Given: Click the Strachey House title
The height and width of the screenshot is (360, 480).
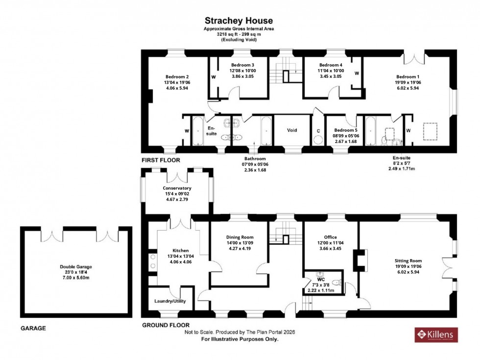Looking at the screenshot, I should point(239,21).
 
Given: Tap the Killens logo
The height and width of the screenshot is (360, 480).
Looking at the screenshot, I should point(436,335).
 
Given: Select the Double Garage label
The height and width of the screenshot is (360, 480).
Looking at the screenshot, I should point(76,267).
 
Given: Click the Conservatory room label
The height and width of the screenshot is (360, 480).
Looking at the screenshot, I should point(177,188).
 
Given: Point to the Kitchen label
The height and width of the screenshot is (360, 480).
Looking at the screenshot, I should point(177,250).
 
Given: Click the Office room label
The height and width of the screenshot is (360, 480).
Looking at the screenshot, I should point(331,238).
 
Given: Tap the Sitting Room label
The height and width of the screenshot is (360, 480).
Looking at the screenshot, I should point(408,261).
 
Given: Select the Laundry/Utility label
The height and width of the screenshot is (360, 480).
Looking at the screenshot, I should point(170,301).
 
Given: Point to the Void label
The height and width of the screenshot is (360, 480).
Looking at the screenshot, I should point(292,130).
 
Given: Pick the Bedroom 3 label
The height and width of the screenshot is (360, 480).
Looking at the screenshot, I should point(243,65).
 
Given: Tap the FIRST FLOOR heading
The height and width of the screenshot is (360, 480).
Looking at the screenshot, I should point(161,160).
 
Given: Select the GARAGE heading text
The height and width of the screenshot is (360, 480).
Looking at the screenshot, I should point(33,328).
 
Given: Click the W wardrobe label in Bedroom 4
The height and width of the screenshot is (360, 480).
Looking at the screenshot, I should point(357,73).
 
